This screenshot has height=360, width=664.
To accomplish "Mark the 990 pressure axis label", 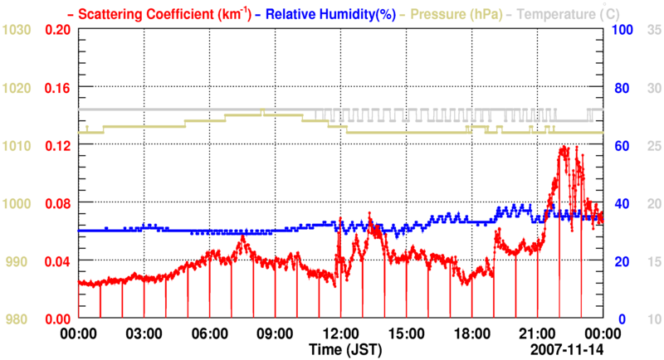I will pos(17,261).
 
